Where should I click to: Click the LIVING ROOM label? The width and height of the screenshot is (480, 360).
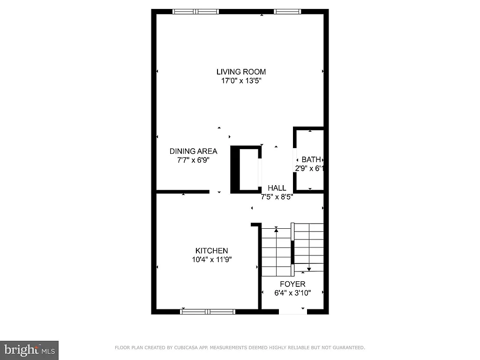(241, 72)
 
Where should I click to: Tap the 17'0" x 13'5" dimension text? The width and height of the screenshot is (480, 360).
(241, 81)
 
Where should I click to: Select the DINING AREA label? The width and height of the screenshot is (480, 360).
(193, 151)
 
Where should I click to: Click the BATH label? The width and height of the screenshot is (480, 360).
(311, 160)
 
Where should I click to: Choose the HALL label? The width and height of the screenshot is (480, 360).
(277, 188)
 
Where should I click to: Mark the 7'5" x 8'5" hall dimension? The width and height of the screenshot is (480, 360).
(277, 197)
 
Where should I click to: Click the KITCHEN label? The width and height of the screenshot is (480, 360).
(212, 251)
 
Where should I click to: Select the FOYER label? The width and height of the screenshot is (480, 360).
(292, 284)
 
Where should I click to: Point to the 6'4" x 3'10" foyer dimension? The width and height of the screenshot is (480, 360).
(292, 293)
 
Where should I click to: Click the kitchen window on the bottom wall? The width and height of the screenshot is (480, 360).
(208, 311)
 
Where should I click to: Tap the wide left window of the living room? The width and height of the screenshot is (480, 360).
(195, 12)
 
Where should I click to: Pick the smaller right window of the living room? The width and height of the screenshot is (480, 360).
(287, 12)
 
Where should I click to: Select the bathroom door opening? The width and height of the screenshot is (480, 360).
(294, 160)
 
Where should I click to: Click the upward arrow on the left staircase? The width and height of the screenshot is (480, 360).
(276, 230)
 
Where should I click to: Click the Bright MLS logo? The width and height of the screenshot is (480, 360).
(29, 350)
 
